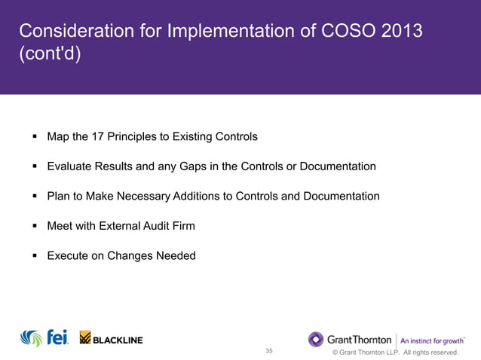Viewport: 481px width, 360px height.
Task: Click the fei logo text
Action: point(57,338)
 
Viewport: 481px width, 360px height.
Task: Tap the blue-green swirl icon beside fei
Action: point(32,339)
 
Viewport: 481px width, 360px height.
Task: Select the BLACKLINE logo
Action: point(111,339)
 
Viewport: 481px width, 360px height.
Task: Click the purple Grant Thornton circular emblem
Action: point(316,339)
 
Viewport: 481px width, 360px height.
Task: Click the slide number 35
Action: point(270,351)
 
